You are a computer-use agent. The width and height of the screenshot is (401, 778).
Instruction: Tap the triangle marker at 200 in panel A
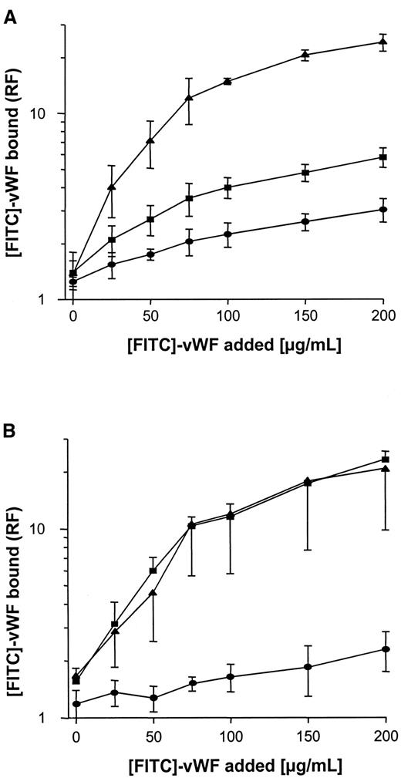382,42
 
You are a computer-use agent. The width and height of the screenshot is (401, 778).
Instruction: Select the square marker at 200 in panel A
382,157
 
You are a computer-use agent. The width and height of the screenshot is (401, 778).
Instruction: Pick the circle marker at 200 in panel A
382,210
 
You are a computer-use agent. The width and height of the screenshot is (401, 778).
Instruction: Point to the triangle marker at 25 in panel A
112,187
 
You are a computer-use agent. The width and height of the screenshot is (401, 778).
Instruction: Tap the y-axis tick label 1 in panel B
56,718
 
